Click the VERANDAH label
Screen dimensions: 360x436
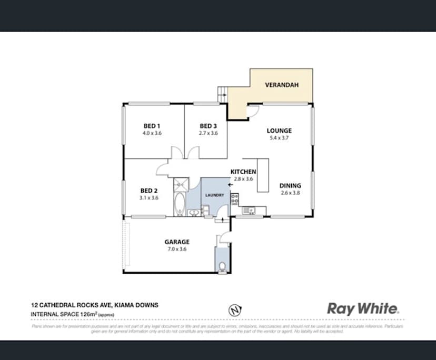[x=279, y=84]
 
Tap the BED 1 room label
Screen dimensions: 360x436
[x=152, y=126]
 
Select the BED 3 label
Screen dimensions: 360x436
[x=208, y=126]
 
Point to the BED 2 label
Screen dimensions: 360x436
[x=149, y=191]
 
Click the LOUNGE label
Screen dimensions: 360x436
[x=279, y=131]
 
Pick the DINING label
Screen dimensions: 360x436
[x=290, y=185]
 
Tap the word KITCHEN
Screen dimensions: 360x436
[x=243, y=172]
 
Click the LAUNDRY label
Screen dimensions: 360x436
[x=215, y=195]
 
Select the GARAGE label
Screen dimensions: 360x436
[x=176, y=242]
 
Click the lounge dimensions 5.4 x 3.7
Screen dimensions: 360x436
[x=279, y=138]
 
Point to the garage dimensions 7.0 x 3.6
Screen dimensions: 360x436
[x=176, y=249]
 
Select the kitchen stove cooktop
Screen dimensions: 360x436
[x=234, y=199]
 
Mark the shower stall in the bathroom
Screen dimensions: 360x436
[x=181, y=184]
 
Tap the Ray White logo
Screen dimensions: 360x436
[x=363, y=308]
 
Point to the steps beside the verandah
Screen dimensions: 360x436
[x=222, y=95]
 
